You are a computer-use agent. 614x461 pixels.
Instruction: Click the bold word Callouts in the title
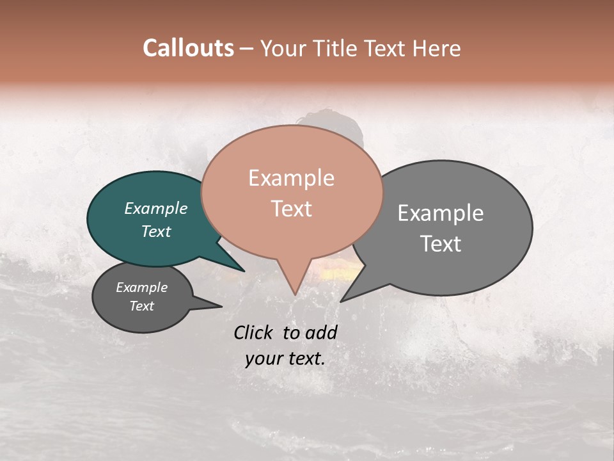(x=188, y=48)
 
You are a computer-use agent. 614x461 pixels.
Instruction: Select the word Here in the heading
(x=437, y=49)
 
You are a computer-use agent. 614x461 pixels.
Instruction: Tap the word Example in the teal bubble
(x=156, y=208)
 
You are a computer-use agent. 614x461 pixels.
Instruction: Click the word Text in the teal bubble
(x=156, y=231)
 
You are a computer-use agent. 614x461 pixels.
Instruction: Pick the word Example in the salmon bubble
(x=292, y=178)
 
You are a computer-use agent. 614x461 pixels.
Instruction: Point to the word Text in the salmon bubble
(x=292, y=209)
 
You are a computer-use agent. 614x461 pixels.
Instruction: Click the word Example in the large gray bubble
(x=441, y=213)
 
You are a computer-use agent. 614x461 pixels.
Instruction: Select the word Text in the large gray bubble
(x=441, y=244)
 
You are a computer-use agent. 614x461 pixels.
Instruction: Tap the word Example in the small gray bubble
(x=142, y=287)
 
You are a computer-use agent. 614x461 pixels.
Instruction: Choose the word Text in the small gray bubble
(x=142, y=306)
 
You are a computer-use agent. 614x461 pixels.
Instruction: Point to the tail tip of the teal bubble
(x=244, y=270)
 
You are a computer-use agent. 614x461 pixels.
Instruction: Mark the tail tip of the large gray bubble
(x=342, y=301)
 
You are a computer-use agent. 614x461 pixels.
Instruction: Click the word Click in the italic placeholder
(x=255, y=332)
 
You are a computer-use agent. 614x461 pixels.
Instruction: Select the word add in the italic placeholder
(x=322, y=332)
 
